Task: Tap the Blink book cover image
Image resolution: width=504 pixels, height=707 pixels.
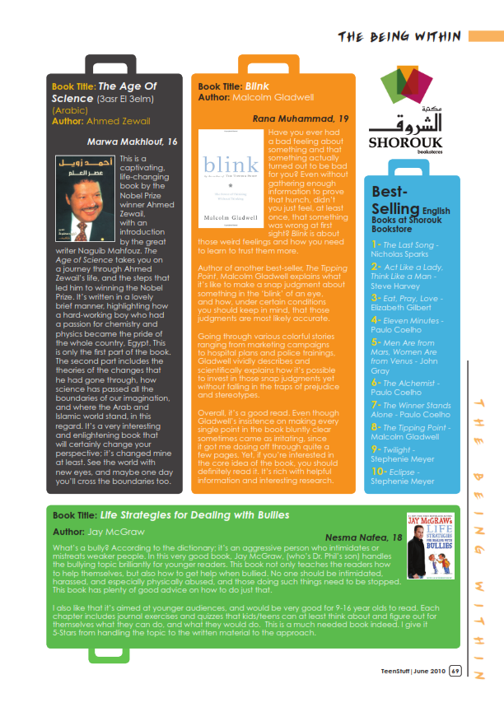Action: [x=231, y=179]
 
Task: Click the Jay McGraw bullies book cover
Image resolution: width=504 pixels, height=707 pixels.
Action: [x=431, y=545]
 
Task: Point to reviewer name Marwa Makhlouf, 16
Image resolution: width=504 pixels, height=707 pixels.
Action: [x=133, y=142]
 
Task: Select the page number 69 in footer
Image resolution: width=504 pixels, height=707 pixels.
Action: [x=455, y=673]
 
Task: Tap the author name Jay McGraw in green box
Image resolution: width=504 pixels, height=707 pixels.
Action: [x=122, y=533]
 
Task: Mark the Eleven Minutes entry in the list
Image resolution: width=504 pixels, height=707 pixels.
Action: [x=413, y=320]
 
